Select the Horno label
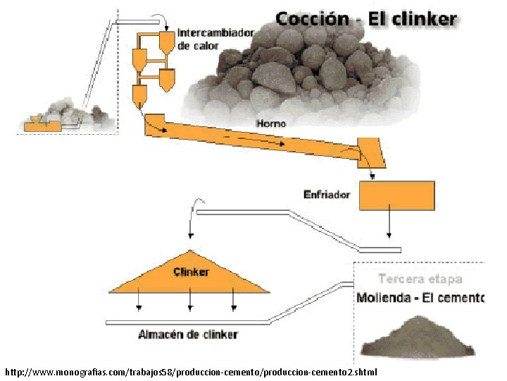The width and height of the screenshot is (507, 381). click(271, 123)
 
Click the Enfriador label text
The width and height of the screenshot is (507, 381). click(327, 194)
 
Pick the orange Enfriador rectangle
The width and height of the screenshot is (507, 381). click(396, 195)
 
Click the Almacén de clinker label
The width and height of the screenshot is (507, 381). click(188, 334)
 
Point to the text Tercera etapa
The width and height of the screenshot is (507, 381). click(420, 279)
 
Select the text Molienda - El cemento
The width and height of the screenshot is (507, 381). click(420, 298)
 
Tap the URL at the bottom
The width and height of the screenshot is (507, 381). click(191, 371)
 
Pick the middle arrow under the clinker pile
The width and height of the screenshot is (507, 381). click(189, 302)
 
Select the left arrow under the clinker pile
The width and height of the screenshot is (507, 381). click(139, 302)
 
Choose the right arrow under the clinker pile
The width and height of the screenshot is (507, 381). click(234, 302)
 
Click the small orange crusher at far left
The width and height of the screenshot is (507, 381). click(43, 124)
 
